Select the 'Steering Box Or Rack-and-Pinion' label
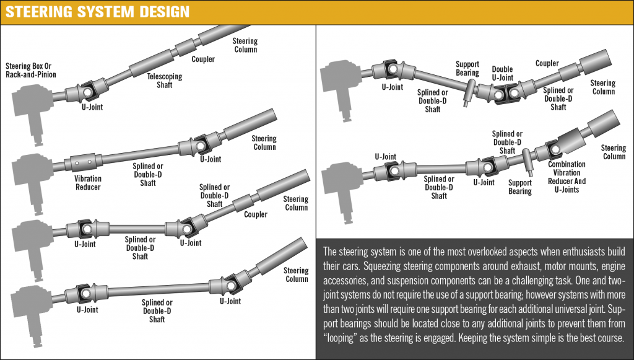(x=31, y=70)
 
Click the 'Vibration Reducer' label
(x=88, y=183)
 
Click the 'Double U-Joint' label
(x=502, y=73)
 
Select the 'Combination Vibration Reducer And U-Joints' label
(x=567, y=177)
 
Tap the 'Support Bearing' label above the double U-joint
(x=467, y=68)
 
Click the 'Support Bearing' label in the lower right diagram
(x=520, y=187)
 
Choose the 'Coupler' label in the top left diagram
(x=203, y=59)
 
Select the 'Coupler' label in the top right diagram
(x=547, y=63)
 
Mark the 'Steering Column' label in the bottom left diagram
(x=296, y=274)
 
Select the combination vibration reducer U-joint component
(x=557, y=149)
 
